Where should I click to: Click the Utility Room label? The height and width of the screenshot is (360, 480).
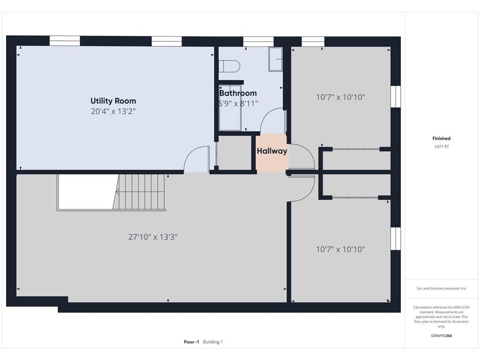coord(113,101)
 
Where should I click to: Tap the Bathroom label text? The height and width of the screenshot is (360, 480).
coord(238,93)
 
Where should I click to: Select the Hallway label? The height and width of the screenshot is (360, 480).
coord(272,151)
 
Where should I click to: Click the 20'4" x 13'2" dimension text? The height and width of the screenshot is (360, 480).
coord(113,111)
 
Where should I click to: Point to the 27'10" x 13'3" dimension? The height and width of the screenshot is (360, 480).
coord(153,237)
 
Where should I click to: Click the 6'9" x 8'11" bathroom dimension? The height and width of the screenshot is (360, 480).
coord(238,104)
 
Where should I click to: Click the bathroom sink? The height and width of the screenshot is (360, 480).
coord(275,60)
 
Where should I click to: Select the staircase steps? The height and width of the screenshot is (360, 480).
coord(139,192)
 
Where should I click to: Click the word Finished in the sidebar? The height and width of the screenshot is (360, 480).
coord(441,138)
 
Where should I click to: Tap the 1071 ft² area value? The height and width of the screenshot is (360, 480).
coord(441,147)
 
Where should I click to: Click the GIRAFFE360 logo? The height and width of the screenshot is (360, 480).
coord(441,336)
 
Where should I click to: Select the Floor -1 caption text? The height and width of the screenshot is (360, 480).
coord(191,342)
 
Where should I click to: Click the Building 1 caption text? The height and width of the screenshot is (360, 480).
coord(213,342)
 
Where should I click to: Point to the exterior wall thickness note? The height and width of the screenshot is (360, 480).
coord(441,288)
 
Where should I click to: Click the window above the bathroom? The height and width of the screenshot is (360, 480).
coord(258,41)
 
